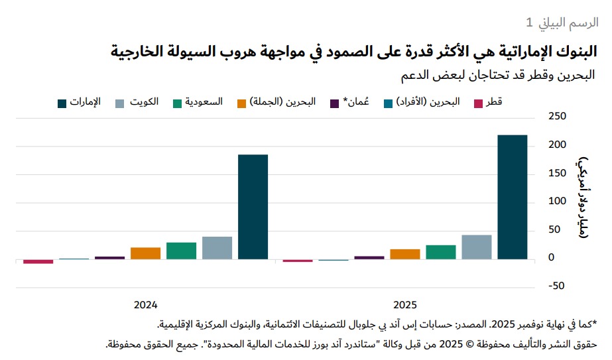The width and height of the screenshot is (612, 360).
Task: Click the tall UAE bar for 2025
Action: click(x=513, y=197)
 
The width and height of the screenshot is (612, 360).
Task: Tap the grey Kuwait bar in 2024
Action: click(x=217, y=247)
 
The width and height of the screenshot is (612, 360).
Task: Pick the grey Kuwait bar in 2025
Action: click(x=477, y=247)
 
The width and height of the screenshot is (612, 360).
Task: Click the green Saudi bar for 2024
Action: click(x=181, y=251)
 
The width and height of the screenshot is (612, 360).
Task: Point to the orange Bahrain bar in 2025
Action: click(x=405, y=254)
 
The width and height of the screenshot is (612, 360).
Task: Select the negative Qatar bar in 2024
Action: click(x=38, y=261)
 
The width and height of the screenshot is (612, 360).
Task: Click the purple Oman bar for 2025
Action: click(x=369, y=258)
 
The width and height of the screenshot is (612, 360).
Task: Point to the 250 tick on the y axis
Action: click(x=557, y=117)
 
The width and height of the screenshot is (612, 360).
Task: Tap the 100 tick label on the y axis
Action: click(x=557, y=202)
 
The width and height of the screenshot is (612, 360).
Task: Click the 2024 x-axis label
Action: click(x=145, y=305)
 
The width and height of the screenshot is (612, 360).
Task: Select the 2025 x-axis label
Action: click(x=405, y=305)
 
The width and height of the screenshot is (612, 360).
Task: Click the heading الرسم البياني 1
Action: click(x=562, y=22)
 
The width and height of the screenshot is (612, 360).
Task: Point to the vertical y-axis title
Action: click(x=582, y=199)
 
